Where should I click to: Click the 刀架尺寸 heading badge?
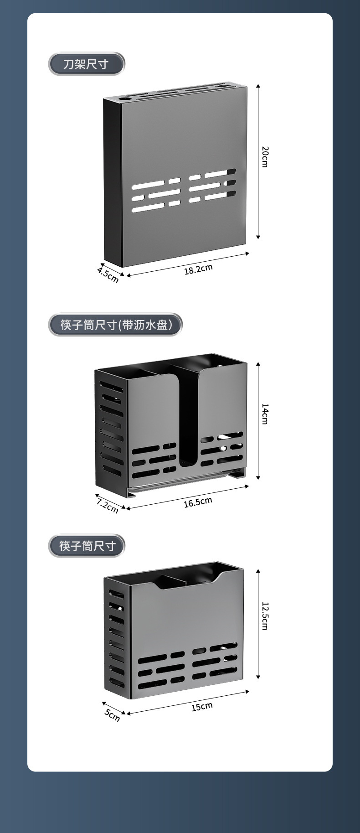pos(86,64)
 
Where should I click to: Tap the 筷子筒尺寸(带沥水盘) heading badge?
pos(115,325)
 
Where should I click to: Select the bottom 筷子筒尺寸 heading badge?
pos(87,546)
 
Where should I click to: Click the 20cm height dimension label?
pos(265,156)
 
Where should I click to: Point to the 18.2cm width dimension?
pos(198,269)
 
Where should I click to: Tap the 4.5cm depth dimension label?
pos(108,275)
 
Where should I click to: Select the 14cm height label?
pos(265,414)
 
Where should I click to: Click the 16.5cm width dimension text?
pos(198,502)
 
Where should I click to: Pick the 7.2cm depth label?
pos(107,506)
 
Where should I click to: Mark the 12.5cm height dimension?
pos(265,616)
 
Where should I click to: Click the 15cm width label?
pos(202,707)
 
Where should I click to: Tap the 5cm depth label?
pos(112,715)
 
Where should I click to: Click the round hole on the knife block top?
pos(125,98)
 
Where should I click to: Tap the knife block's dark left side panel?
pos(113,182)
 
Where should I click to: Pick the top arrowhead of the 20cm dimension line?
pos(258,86)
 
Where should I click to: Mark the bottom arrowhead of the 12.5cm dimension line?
pos(258,677)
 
